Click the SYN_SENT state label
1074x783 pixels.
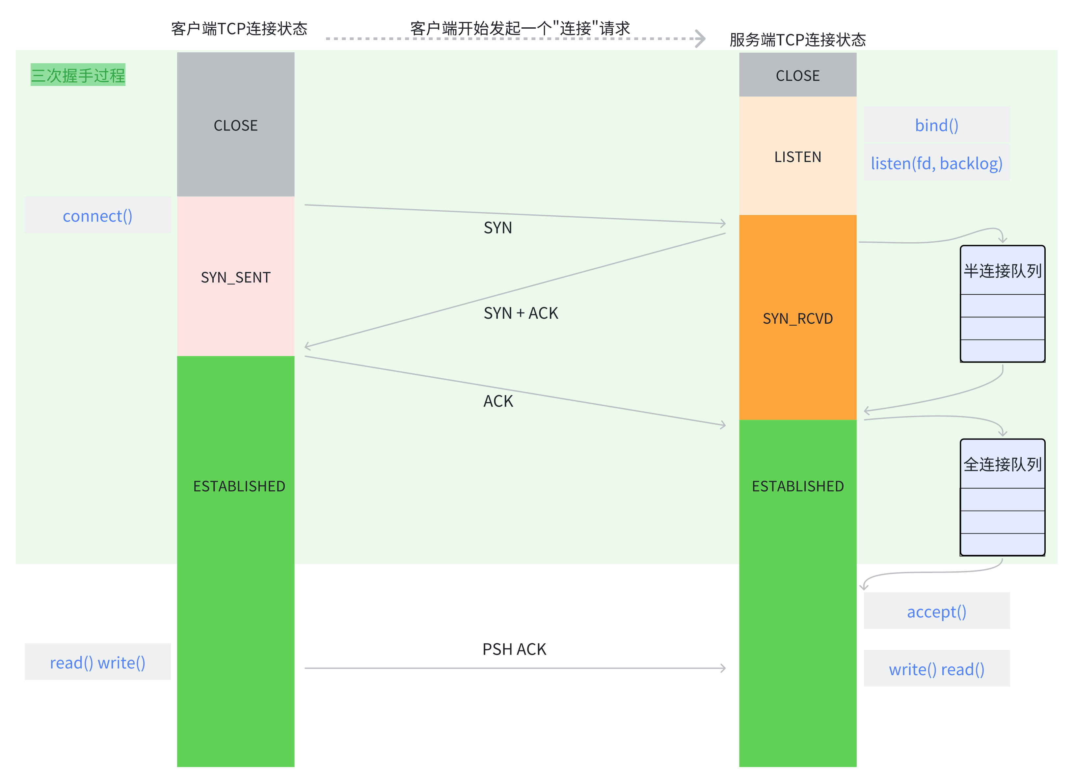(x=235, y=277)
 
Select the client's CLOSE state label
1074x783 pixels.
(x=235, y=125)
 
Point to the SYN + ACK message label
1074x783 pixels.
(x=521, y=313)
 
